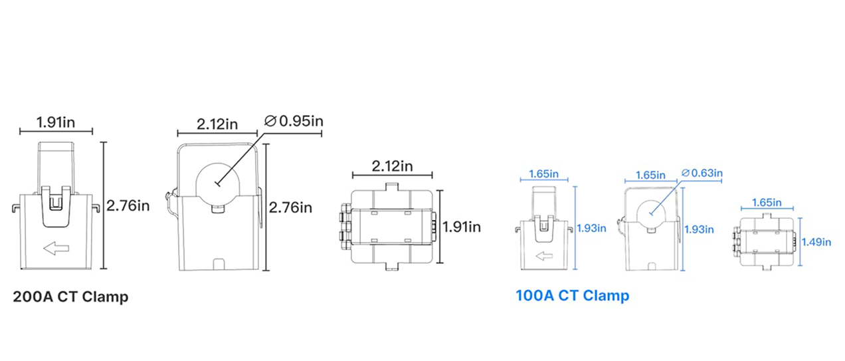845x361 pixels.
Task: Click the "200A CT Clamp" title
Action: point(70,297)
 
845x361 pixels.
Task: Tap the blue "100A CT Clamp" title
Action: point(572,296)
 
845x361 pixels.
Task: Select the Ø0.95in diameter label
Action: point(294,121)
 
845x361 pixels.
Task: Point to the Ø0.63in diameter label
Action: point(702,174)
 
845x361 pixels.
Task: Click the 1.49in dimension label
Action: point(816,242)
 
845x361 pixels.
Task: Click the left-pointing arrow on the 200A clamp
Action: point(56,248)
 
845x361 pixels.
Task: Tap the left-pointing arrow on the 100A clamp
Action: point(544,256)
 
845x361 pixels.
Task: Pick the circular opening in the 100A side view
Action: point(651,213)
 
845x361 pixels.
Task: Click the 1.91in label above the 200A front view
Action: point(55,123)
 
